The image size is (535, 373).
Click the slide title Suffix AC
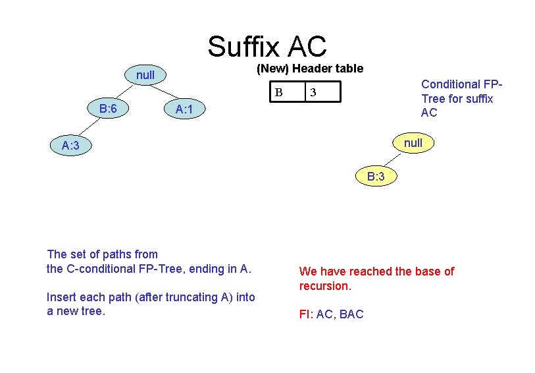pos(267,46)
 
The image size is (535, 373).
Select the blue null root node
pos(145,75)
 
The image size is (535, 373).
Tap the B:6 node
pos(108,107)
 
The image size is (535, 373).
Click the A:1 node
pos(184,109)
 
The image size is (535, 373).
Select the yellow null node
pos(413,143)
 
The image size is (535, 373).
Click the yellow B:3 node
pos(376,177)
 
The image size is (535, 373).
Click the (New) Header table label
pos(309,69)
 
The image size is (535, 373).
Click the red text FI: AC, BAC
pos(331,314)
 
